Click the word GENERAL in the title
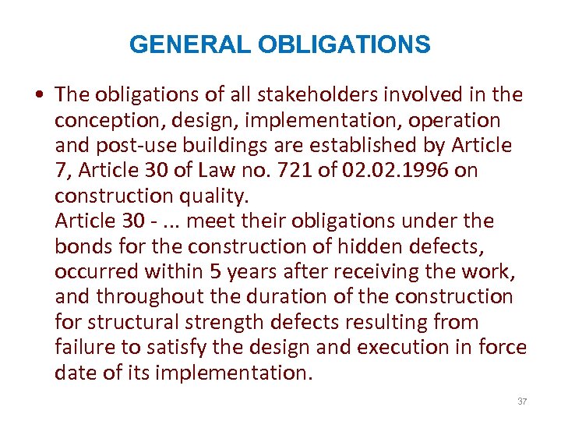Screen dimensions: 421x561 (x=190, y=45)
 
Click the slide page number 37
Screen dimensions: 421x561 (x=522, y=402)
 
